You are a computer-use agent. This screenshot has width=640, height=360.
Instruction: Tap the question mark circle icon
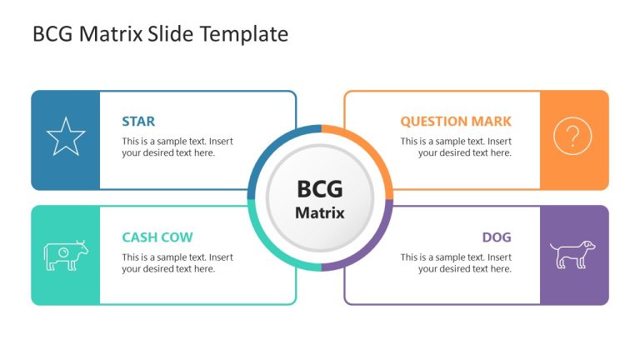tap(572, 136)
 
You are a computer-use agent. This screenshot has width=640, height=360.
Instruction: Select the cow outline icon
tap(66, 255)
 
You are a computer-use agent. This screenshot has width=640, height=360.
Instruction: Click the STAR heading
tap(138, 122)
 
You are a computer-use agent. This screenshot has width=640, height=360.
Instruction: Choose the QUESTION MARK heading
tap(456, 122)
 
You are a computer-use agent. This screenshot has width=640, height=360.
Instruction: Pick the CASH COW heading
tap(157, 237)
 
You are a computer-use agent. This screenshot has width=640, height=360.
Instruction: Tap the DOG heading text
tap(497, 237)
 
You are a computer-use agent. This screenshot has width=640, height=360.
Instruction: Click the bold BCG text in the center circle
tap(320, 189)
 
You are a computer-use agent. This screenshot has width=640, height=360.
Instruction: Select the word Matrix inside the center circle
tap(320, 212)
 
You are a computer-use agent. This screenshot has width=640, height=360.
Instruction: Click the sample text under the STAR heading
tap(177, 147)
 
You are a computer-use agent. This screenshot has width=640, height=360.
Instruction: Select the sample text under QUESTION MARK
tap(456, 147)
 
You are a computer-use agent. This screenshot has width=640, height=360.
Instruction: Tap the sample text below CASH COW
tap(177, 263)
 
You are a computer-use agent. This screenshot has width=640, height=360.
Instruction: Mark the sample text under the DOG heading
tap(456, 263)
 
